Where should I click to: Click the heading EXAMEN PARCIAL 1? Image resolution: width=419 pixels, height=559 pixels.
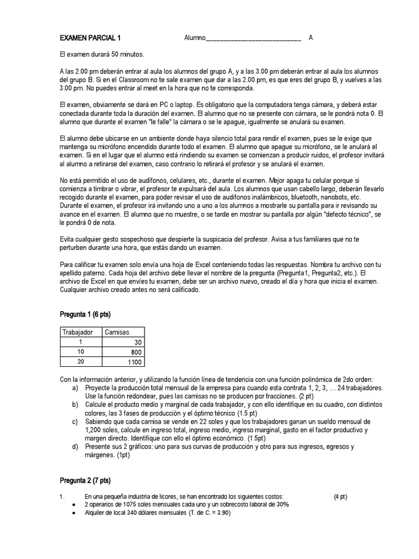pos(90,38)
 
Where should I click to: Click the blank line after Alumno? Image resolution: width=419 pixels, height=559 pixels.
pos(253,38)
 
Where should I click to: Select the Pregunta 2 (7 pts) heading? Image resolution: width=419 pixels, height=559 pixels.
pos(85,480)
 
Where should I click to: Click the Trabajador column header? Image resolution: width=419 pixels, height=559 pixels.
pos(78,332)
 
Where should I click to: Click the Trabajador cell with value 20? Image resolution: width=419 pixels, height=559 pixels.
pos(80,362)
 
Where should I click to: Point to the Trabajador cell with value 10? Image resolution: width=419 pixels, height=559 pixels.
pos(80,352)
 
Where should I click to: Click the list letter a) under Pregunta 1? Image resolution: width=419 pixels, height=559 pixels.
pos(75,388)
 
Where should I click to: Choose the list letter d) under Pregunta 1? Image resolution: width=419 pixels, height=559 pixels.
pos(75,447)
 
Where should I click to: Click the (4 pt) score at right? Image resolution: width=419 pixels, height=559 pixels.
pos(340,497)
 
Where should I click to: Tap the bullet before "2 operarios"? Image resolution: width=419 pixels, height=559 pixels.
pos(74,505)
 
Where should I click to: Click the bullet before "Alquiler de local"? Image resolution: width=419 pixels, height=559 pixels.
pos(74,513)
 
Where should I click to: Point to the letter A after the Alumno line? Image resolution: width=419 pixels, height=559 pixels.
pos(310,38)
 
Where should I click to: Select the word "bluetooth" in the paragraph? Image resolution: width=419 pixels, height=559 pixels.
pos(302,197)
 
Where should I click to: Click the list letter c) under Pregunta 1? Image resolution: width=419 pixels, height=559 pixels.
pos(75,421)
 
